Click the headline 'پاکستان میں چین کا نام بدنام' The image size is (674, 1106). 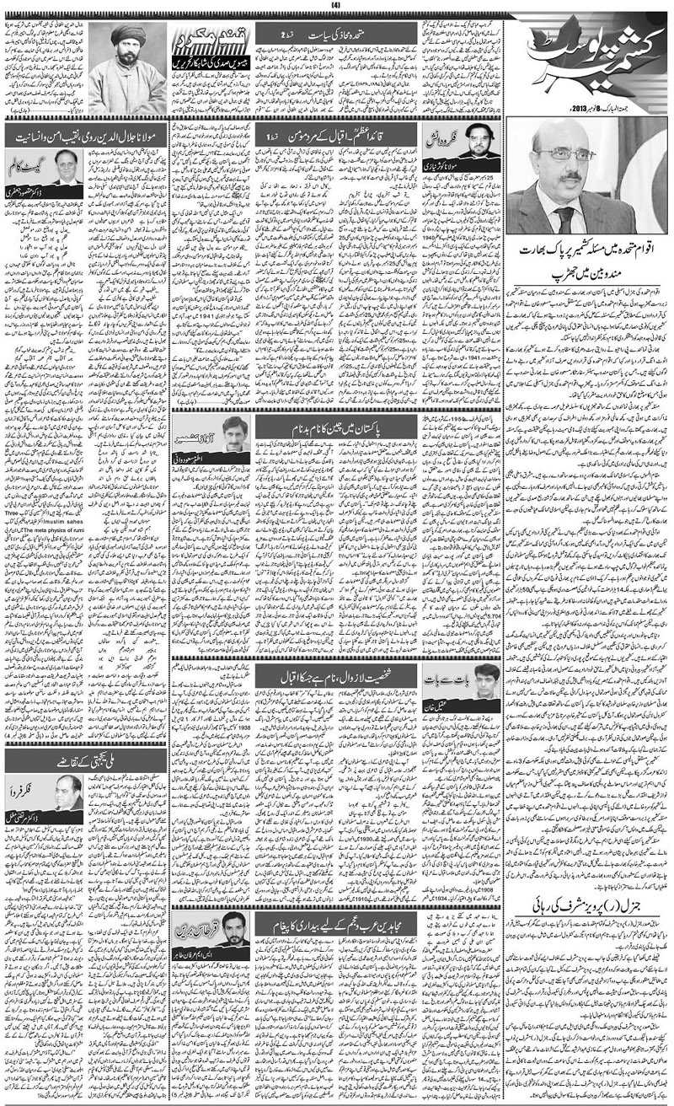pos(336,430)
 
